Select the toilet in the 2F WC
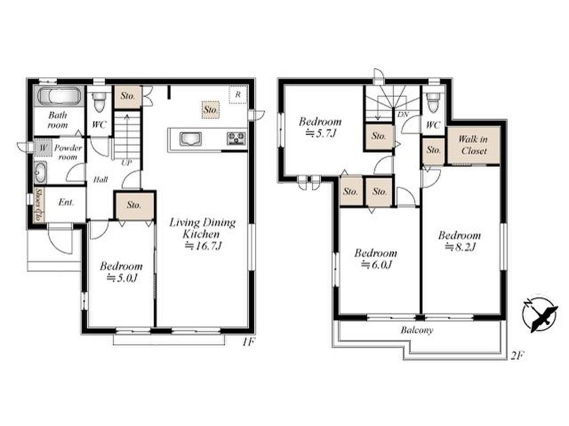pyautogui.click(x=433, y=103)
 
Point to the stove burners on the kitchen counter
pyautogui.click(x=236, y=138)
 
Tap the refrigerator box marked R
pyautogui.click(x=238, y=95)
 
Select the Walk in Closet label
pyautogui.click(x=473, y=145)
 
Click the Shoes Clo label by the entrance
pyautogui.click(x=37, y=204)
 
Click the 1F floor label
pyautogui.click(x=247, y=342)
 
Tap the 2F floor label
pyautogui.click(x=517, y=356)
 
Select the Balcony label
pyautogui.click(x=417, y=330)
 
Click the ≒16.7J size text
pyautogui.click(x=203, y=246)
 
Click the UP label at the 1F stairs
pyautogui.click(x=126, y=162)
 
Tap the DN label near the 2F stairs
pyautogui.click(x=403, y=115)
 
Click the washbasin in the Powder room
pyautogui.click(x=41, y=172)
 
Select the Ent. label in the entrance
pyautogui.click(x=66, y=202)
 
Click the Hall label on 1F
pyautogui.click(x=100, y=179)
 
